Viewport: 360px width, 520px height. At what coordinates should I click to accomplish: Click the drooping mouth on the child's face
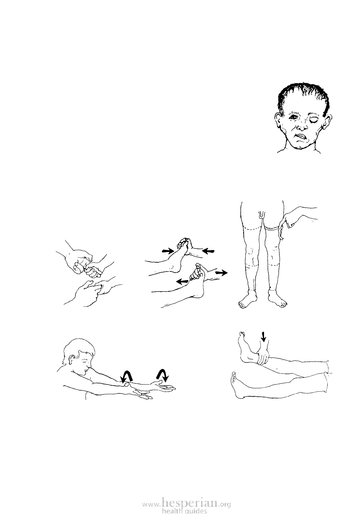(302, 137)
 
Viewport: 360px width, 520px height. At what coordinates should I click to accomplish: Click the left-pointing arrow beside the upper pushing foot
(208, 251)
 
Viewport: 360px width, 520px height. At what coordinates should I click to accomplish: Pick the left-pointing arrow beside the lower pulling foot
(182, 282)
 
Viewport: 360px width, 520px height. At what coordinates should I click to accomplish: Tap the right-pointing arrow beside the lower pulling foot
(221, 273)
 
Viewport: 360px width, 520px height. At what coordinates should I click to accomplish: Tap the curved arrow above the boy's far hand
(163, 376)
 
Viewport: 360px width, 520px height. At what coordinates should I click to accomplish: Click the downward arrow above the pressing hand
(263, 337)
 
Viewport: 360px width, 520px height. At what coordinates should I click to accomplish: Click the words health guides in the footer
(184, 510)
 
